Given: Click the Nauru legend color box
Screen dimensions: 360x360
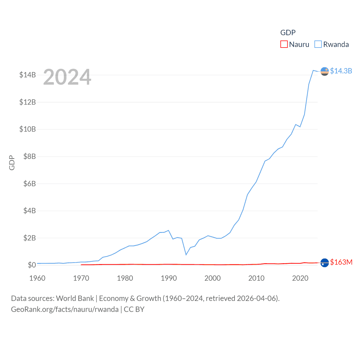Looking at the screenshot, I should (284, 44).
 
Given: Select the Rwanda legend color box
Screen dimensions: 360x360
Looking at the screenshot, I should (318, 44).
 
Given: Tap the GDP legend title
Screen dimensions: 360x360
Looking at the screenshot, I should (288, 33).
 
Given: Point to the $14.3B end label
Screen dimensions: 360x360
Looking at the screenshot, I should (341, 71).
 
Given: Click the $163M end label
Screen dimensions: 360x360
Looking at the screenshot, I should (341, 262).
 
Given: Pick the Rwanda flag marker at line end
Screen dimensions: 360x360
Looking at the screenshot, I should (325, 71).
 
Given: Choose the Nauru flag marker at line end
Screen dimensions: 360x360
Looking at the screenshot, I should (325, 263).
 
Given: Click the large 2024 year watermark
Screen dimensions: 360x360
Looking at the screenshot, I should (67, 77).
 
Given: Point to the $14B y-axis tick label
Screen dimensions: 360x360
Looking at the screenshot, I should (28, 75).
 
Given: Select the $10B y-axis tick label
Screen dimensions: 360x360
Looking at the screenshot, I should (28, 129).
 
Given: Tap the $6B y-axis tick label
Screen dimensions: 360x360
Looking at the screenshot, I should (30, 184).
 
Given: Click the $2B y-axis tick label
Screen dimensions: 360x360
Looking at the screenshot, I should (30, 238).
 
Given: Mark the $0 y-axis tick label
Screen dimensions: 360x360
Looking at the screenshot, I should (32, 265).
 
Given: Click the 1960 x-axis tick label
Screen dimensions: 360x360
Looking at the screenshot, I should (37, 278).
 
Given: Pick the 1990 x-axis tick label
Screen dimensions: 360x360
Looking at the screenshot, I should (169, 278).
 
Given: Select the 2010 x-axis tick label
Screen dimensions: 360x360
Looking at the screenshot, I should (256, 278).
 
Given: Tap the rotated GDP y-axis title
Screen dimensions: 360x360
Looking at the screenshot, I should (12, 163).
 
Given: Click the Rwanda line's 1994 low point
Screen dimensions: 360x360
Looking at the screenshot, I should (186, 255).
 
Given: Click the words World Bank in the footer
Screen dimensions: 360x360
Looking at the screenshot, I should (75, 298).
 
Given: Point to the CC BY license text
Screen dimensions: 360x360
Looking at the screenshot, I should (134, 309).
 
